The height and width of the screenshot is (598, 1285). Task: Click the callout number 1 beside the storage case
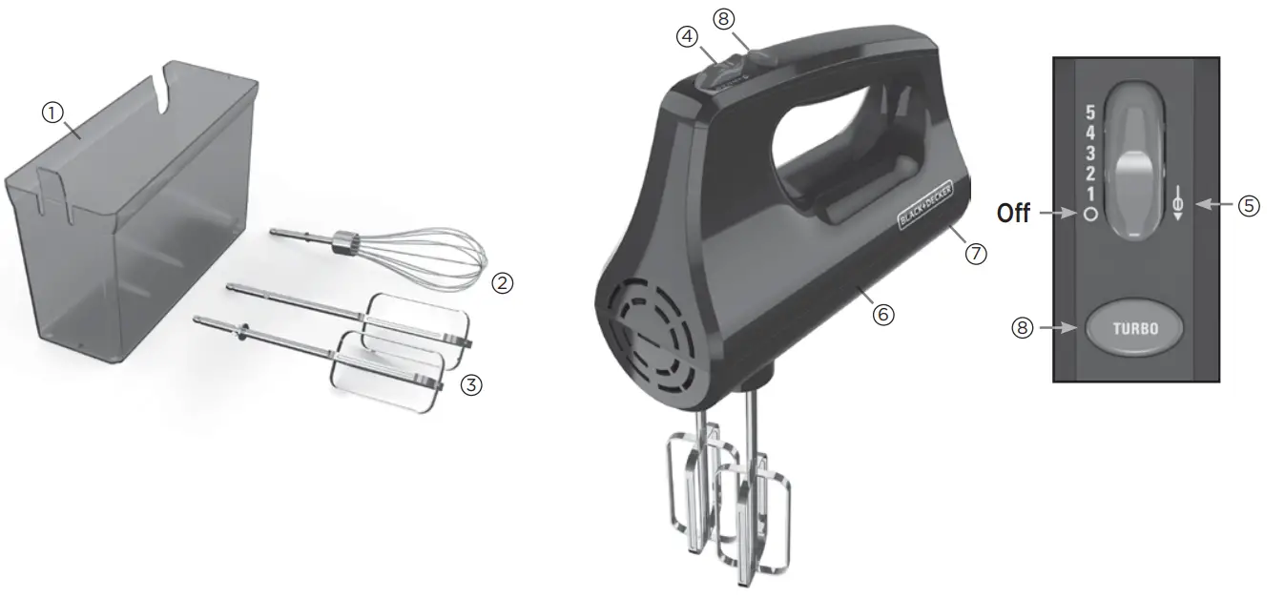coord(52,112)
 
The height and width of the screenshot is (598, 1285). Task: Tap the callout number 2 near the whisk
coord(502,283)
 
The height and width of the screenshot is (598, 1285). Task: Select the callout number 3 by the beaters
coord(471,385)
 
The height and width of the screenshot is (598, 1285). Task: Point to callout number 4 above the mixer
coord(687,36)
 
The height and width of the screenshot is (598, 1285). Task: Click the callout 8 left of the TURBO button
coord(1022,327)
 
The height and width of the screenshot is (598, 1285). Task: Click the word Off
coord(1013,214)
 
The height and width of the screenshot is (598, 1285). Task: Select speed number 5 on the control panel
coord(1090,113)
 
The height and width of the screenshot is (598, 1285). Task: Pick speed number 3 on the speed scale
coord(1090,154)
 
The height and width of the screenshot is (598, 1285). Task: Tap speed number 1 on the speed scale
coord(1090,194)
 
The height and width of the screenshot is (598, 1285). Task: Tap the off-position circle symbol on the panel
coord(1090,215)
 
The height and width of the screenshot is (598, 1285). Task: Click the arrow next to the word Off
coord(1057,214)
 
